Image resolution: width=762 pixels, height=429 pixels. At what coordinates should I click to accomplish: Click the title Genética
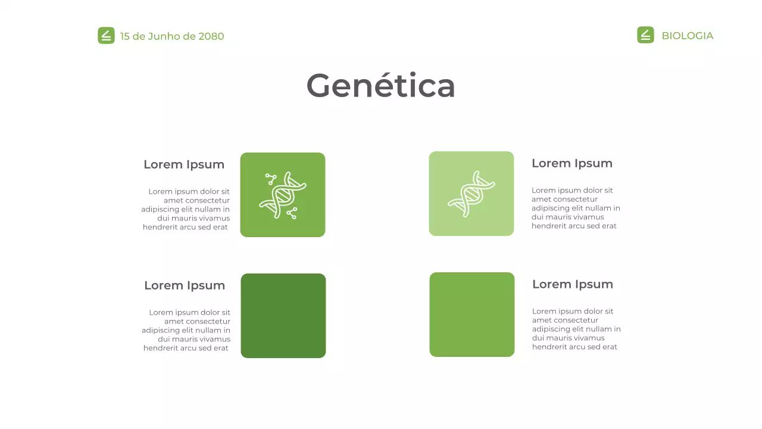click(380, 85)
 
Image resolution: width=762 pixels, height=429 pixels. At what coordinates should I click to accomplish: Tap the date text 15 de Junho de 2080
click(172, 36)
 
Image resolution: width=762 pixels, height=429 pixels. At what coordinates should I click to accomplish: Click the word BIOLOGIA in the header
click(687, 36)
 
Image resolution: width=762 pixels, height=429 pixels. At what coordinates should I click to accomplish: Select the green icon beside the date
click(106, 36)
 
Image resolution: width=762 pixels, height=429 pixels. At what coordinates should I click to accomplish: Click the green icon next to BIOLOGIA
click(645, 35)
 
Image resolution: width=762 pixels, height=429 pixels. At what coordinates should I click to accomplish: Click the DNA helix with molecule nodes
click(283, 195)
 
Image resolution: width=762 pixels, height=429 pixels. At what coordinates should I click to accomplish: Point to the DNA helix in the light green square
click(471, 194)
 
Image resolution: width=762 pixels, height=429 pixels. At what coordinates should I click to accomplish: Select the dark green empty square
click(283, 316)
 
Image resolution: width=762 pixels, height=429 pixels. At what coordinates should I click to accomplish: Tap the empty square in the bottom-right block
click(472, 315)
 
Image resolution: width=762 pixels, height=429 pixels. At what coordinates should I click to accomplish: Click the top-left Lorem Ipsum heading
click(184, 164)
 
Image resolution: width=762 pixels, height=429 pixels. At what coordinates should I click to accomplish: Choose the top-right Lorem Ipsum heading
click(572, 163)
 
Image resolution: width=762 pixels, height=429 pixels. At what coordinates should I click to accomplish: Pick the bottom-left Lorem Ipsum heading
click(185, 285)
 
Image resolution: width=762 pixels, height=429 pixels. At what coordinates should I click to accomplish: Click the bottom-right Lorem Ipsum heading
click(573, 284)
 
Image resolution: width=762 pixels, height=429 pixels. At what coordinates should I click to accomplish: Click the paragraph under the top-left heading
click(186, 209)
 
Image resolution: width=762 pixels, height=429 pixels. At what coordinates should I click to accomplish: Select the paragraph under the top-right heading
click(576, 208)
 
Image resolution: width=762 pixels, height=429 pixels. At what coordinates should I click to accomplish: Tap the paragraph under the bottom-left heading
click(186, 330)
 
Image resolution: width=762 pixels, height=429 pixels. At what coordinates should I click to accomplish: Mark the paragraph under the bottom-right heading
click(576, 329)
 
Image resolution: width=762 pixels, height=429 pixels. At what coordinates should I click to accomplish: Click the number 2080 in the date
click(211, 36)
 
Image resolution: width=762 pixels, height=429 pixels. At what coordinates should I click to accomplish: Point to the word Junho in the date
click(164, 36)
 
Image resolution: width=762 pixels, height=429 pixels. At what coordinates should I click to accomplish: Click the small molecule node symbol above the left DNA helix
click(271, 178)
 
